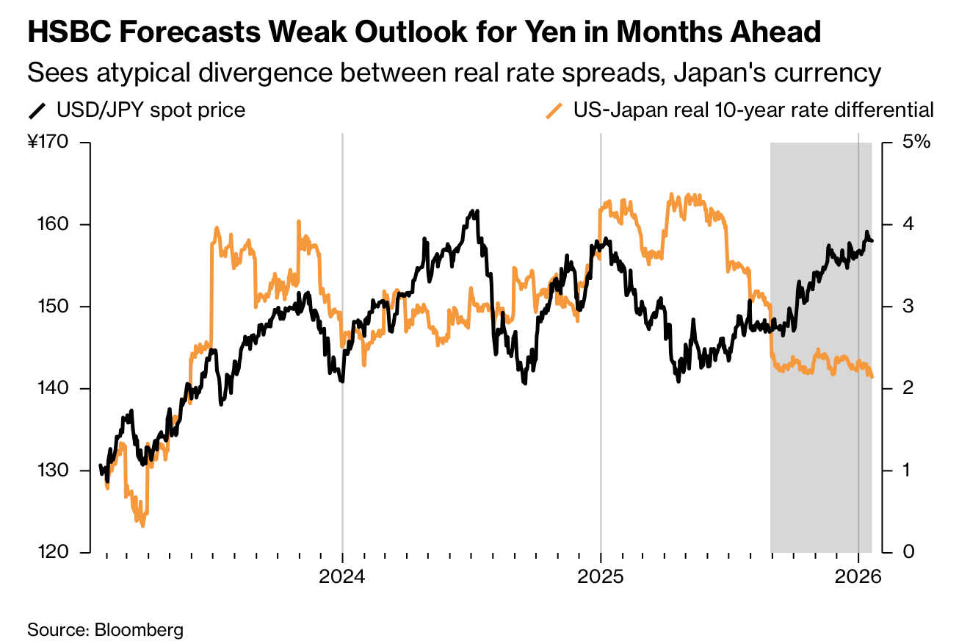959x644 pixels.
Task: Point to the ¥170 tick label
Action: pos(48,142)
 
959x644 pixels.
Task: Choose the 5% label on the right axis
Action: pos(915,142)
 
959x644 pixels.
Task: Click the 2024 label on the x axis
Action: pos(342,578)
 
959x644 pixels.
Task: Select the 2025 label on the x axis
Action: pos(601,578)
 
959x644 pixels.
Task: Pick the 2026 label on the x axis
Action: pos(858,578)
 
